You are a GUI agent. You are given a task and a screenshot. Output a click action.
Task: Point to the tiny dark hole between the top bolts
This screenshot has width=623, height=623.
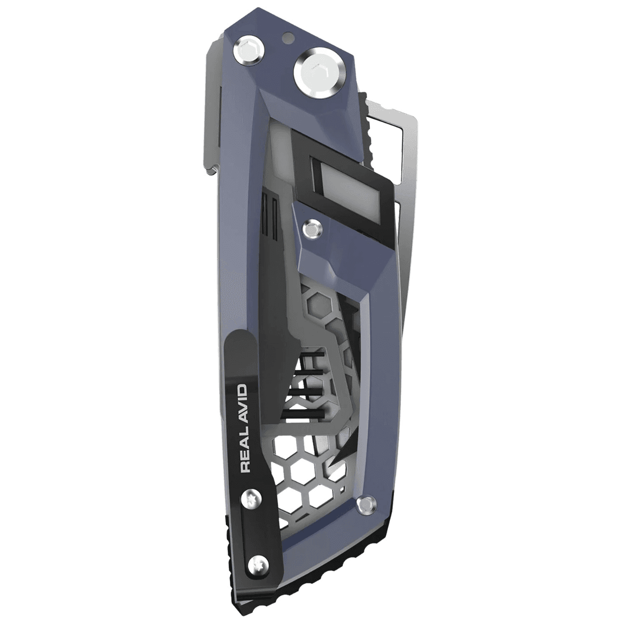click(x=287, y=37)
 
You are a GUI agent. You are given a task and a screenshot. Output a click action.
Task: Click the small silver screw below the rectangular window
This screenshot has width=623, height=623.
click(x=312, y=227)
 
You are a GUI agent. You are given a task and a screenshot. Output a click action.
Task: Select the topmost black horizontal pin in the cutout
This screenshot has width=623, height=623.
click(x=310, y=356)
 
